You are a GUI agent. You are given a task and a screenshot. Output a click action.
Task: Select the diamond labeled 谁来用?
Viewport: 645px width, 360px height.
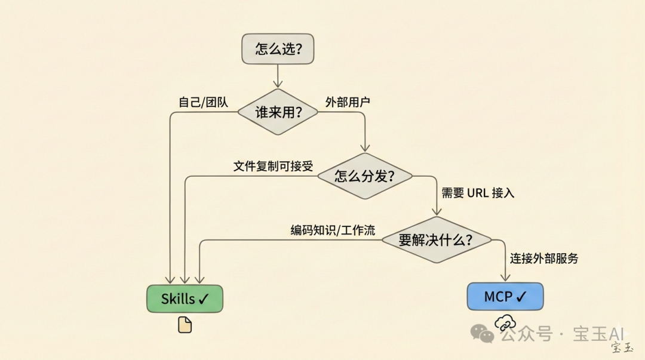278,112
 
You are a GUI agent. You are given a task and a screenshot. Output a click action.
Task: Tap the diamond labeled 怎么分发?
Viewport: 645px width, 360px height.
365,176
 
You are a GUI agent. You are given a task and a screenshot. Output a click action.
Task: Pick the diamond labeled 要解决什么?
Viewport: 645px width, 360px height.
436,240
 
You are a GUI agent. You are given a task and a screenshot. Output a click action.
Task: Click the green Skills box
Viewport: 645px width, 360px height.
185,299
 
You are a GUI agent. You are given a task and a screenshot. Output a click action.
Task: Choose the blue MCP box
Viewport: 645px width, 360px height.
505,296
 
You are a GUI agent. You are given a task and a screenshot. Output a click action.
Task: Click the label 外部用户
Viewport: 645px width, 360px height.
348,101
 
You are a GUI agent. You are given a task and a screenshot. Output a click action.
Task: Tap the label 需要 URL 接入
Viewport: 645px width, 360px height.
478,193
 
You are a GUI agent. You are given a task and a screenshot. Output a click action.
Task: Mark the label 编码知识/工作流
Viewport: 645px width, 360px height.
333,230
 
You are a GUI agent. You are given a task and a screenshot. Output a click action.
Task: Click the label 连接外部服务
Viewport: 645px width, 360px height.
543,259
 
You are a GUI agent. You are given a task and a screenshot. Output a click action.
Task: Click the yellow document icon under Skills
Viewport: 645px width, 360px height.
185,324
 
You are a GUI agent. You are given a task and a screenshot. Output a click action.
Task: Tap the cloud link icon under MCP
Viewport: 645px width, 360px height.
505,323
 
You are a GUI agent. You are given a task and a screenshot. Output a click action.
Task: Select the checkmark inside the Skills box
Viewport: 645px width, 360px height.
203,299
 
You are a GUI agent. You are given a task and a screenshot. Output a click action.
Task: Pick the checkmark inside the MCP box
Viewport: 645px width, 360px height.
521,296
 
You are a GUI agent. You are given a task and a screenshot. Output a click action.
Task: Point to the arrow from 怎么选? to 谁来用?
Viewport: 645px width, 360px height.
277,76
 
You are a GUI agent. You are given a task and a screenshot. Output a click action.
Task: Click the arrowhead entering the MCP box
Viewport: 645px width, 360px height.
505,278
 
